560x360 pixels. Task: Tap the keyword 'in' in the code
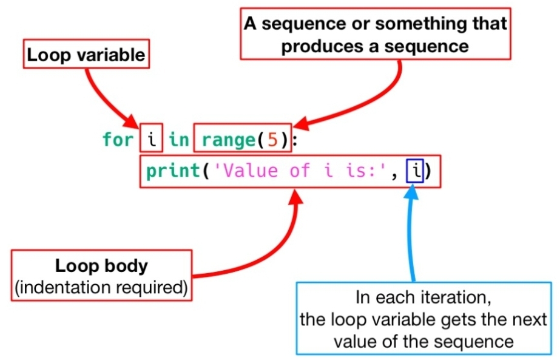tap(178, 140)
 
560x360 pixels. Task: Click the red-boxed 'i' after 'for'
tap(152, 140)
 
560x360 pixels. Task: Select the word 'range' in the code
tap(227, 140)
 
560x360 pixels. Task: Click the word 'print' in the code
tap(173, 171)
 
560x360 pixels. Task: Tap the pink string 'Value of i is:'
tap(297, 171)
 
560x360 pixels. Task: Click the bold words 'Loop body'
tap(101, 267)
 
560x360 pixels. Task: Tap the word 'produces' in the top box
tap(315, 46)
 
